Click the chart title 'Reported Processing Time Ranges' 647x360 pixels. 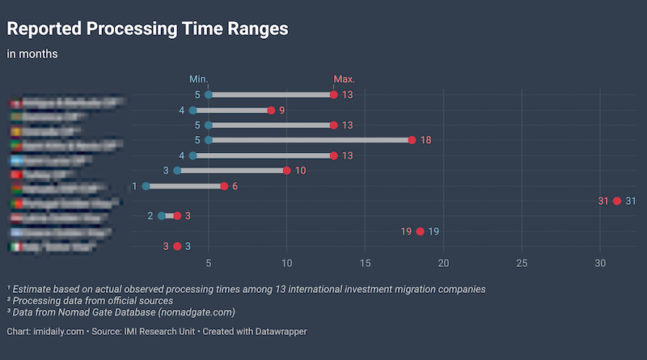[x=147, y=29]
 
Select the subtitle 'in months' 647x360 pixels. [x=32, y=54]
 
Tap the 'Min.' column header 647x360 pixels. [x=199, y=79]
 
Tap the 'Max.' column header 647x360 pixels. [x=345, y=79]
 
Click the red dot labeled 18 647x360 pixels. [x=412, y=140]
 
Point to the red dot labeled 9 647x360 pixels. [x=271, y=110]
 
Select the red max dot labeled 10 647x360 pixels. [x=287, y=171]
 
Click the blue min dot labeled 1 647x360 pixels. [x=146, y=186]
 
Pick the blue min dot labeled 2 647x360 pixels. [x=162, y=216]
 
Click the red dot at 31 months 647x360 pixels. [x=617, y=201]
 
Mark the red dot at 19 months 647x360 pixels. [x=421, y=231]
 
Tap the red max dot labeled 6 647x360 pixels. [x=224, y=186]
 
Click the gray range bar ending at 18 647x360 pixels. [x=311, y=140]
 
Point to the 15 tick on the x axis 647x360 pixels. [x=366, y=264]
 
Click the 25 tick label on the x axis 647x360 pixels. [x=522, y=264]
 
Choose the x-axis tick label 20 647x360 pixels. [x=444, y=264]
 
